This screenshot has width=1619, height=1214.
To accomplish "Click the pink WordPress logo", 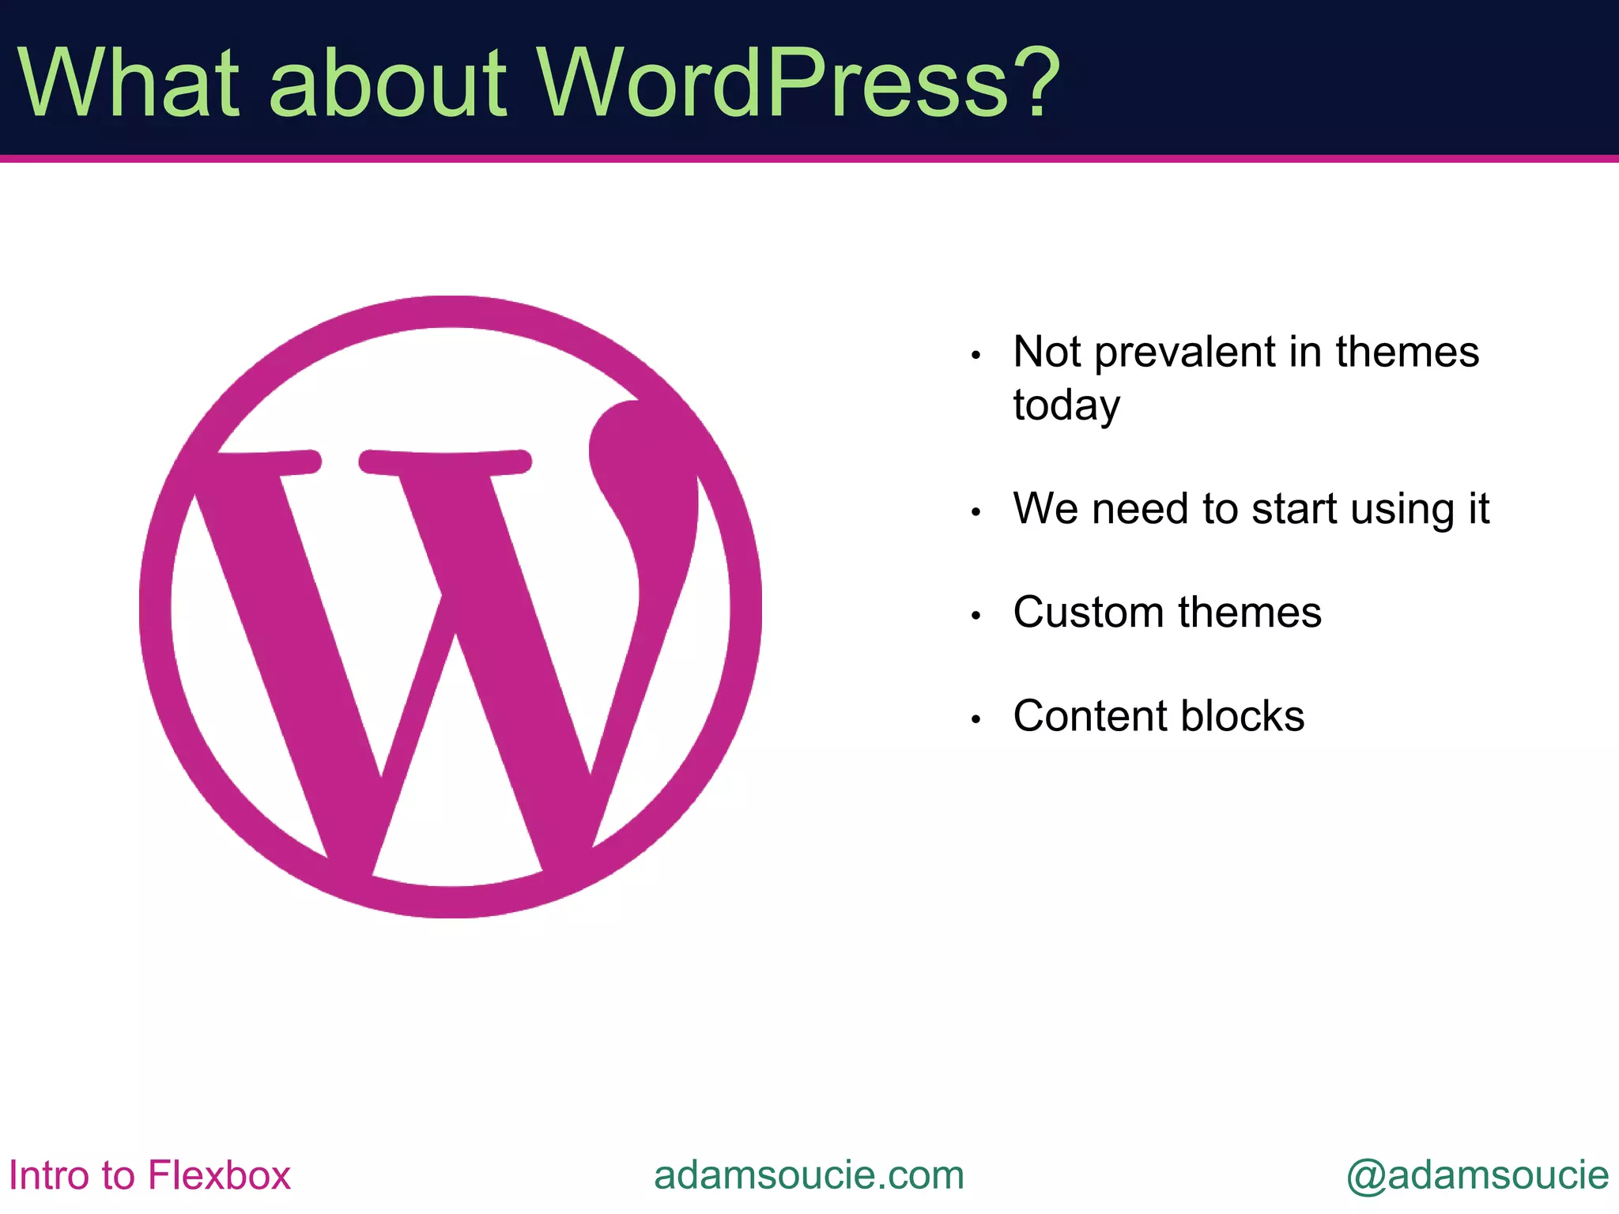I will pyautogui.click(x=450, y=606).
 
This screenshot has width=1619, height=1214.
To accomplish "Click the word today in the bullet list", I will pyautogui.click(x=1066, y=405).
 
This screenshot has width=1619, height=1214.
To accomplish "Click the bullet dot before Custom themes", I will pyautogui.click(x=976, y=616).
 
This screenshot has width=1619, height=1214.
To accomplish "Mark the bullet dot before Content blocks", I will pyautogui.click(x=976, y=719).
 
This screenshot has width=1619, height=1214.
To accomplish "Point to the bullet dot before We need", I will pyautogui.click(x=976, y=512).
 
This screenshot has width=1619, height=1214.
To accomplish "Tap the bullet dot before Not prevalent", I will pyautogui.click(x=976, y=356).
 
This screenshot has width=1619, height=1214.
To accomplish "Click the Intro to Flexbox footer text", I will pyautogui.click(x=149, y=1175).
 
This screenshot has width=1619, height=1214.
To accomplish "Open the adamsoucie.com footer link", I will pyautogui.click(x=809, y=1175).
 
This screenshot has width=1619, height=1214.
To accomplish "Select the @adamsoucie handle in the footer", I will pyautogui.click(x=1477, y=1175).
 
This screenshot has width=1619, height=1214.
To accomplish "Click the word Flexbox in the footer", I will pyautogui.click(x=219, y=1175).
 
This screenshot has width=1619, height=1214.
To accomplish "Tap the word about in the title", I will pyautogui.click(x=387, y=82).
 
